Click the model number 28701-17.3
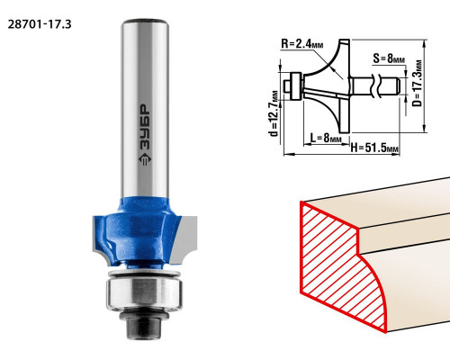click(x=40, y=24)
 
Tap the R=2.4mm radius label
click(x=302, y=44)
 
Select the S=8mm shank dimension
click(x=389, y=58)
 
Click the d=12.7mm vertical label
click(x=274, y=113)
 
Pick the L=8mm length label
click(x=326, y=138)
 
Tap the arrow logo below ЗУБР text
click(x=144, y=160)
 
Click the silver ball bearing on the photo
click(x=144, y=292)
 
